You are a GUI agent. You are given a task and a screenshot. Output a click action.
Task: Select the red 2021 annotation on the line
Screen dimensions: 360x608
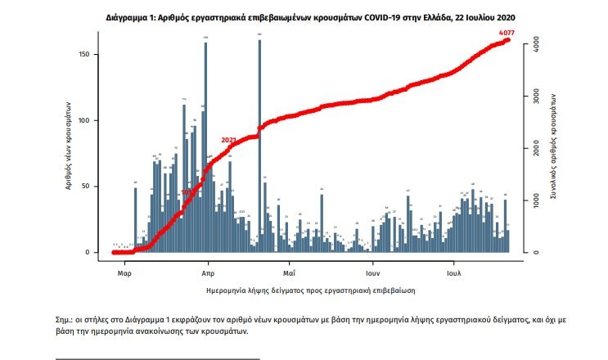pyautogui.click(x=228, y=140)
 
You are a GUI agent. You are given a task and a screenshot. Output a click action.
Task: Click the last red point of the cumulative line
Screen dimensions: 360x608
pyautogui.click(x=507, y=39)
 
